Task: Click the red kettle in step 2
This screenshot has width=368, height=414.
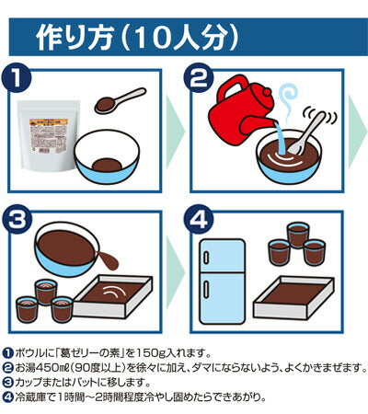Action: [242, 110]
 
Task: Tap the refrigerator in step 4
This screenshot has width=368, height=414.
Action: [222, 282]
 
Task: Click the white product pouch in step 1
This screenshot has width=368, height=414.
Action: [49, 136]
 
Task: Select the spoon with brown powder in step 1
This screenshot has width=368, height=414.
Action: [121, 100]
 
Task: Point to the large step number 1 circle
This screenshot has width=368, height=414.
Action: [17, 77]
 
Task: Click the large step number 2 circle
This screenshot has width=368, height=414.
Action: [199, 77]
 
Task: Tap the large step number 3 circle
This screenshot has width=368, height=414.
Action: [17, 220]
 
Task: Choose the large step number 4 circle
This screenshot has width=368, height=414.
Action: [199, 220]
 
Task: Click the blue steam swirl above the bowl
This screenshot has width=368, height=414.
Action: [288, 99]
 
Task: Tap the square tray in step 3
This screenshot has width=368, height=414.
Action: [113, 296]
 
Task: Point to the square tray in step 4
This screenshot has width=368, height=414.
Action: [293, 297]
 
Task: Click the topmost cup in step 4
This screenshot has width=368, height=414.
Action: [297, 235]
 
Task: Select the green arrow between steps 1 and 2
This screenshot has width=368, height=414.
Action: [175, 132]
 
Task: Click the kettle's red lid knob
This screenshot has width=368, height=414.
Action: [268, 91]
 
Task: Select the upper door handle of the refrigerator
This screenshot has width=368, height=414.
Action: [206, 257]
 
